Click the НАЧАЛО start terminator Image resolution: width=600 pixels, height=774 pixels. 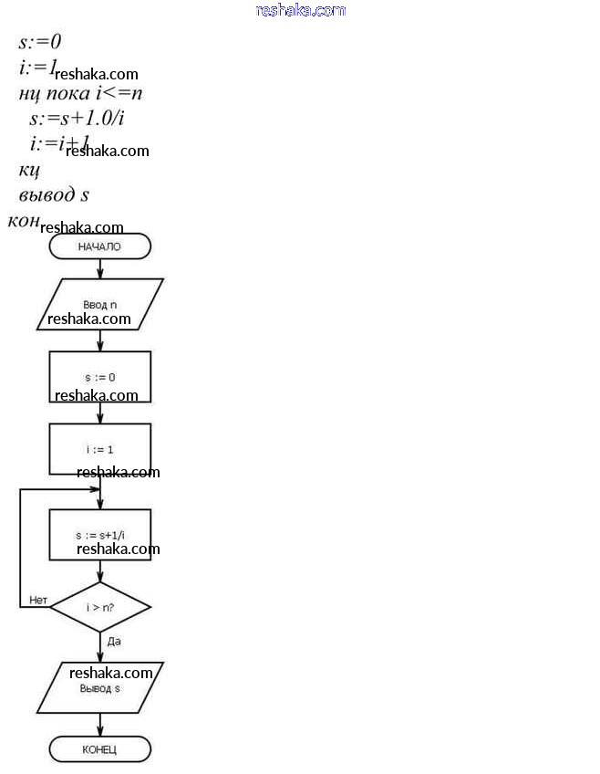pos(99,246)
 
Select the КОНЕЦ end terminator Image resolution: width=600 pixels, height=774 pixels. pos(99,750)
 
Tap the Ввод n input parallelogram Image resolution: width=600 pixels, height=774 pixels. pos(99,304)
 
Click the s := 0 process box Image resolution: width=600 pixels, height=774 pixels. pos(99,377)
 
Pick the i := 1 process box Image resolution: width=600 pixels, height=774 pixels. pos(99,449)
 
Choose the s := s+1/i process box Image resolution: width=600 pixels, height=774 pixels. pos(99,534)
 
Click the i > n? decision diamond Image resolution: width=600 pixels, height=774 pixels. pos(99,606)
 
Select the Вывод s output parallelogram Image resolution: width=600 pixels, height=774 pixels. pos(99,688)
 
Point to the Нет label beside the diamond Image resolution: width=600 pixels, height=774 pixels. pos(37,600)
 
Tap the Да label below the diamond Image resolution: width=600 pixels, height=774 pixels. pos(114,642)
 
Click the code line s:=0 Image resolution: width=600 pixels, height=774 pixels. pos(39,42)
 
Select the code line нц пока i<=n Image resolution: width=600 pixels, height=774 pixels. pos(79,93)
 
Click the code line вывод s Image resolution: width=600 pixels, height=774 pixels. pos(53,195)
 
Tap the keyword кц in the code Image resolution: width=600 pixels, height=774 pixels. pos(28,170)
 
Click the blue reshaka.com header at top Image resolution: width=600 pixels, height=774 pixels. pos(301,11)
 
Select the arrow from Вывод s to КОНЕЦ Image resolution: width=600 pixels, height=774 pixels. pos(99,726)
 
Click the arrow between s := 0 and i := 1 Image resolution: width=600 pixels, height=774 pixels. pos(99,413)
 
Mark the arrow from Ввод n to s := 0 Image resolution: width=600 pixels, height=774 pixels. pos(99,340)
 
